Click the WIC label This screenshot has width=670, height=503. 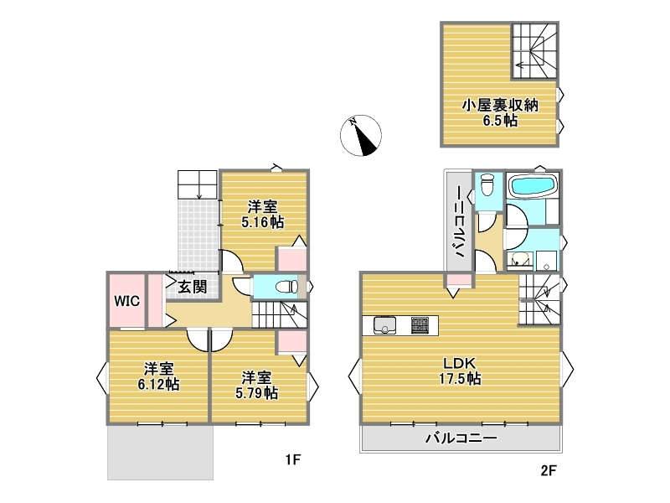(x=126, y=301)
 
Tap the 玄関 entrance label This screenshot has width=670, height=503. (x=193, y=287)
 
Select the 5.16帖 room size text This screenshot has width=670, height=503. (x=262, y=222)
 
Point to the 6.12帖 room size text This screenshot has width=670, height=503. (x=158, y=384)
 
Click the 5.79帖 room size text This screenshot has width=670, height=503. (x=256, y=392)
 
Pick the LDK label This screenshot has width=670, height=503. (x=459, y=363)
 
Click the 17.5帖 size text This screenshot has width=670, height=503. (x=460, y=379)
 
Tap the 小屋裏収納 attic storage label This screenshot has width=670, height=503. (x=500, y=106)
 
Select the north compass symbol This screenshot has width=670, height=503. (x=361, y=135)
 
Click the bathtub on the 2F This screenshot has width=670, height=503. (x=533, y=186)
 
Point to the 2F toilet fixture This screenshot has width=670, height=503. (x=487, y=185)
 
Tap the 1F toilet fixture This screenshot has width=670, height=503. (x=286, y=286)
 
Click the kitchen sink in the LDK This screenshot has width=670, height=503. (x=385, y=325)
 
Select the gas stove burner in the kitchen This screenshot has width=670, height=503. (x=420, y=325)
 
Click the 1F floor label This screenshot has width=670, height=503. (x=293, y=459)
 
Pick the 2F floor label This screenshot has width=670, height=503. (x=549, y=471)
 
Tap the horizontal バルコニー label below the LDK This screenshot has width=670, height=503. (x=461, y=438)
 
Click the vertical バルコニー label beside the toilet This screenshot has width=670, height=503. (x=460, y=221)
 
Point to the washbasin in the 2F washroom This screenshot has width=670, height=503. (x=519, y=259)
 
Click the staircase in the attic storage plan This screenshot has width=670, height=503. (x=534, y=50)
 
